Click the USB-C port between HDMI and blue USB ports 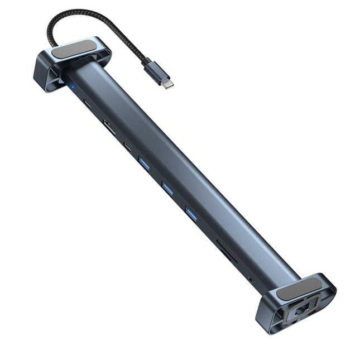pyautogui.click(x=128, y=148)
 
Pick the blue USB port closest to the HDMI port pyautogui.click(x=143, y=164)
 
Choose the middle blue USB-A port pyautogui.click(x=167, y=189)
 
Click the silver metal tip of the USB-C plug pyautogui.click(x=168, y=83)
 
